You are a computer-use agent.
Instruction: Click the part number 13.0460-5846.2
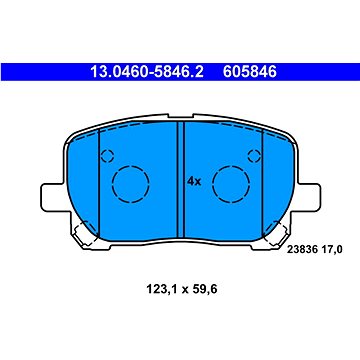tap(147, 72)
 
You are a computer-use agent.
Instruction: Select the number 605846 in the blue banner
tap(250, 72)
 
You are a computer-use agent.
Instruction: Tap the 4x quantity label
tap(194, 182)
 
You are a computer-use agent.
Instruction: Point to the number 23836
tap(301, 250)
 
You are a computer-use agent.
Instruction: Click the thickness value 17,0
tap(331, 250)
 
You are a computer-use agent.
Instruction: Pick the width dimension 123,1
tap(162, 289)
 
